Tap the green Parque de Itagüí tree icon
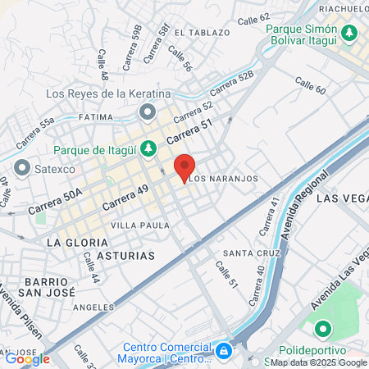[148, 149]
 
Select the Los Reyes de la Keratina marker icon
[148, 111]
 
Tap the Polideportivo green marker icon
[323, 330]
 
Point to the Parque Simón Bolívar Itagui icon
[350, 34]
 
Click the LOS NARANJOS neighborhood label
[224, 178]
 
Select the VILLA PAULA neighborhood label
[140, 225]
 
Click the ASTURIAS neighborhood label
[125, 256]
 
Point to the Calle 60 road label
[311, 84]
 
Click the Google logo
[27, 358]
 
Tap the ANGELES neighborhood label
[93, 307]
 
